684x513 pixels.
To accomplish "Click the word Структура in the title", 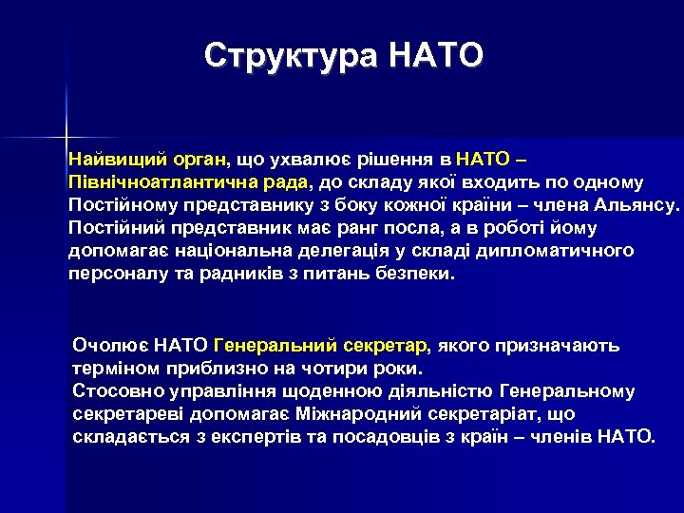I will [291, 55].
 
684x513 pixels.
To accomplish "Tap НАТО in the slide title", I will [436, 55].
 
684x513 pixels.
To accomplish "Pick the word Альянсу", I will [639, 204].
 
